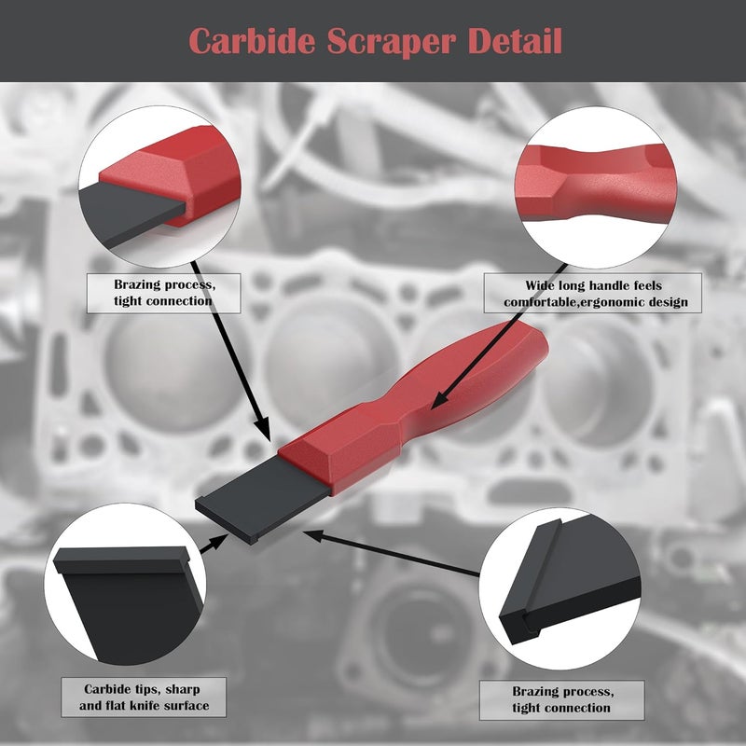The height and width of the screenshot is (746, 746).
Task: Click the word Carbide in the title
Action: [252, 41]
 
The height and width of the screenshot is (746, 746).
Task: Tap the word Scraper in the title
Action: [391, 42]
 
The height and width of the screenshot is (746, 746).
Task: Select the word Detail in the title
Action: [515, 41]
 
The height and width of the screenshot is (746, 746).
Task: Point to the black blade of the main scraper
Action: [263, 500]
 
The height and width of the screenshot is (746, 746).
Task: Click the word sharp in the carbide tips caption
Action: [182, 690]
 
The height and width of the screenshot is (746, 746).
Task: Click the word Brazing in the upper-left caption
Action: [137, 285]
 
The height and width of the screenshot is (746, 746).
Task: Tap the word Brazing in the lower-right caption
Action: [535, 692]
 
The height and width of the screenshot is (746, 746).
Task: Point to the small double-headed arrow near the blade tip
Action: [214, 544]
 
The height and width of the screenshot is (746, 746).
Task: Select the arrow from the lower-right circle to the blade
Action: [392, 553]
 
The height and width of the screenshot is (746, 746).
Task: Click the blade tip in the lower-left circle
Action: [121, 560]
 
